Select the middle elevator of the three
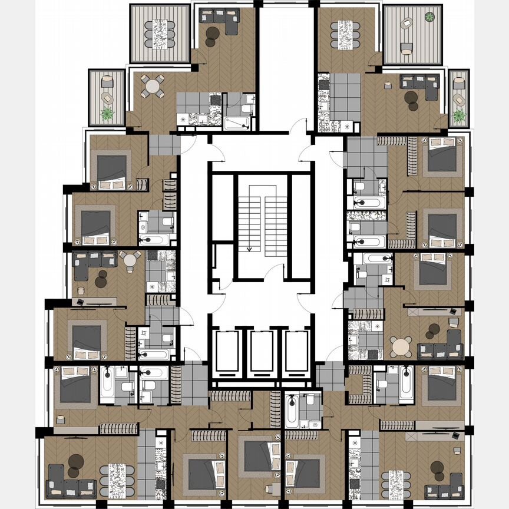(260, 352)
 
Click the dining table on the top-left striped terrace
(160, 34)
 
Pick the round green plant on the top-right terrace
(430, 16)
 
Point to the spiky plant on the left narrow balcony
(107, 115)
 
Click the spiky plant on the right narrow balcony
(459, 114)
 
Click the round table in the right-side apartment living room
(402, 346)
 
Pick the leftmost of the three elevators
(226, 352)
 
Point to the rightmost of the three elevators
(295, 352)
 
